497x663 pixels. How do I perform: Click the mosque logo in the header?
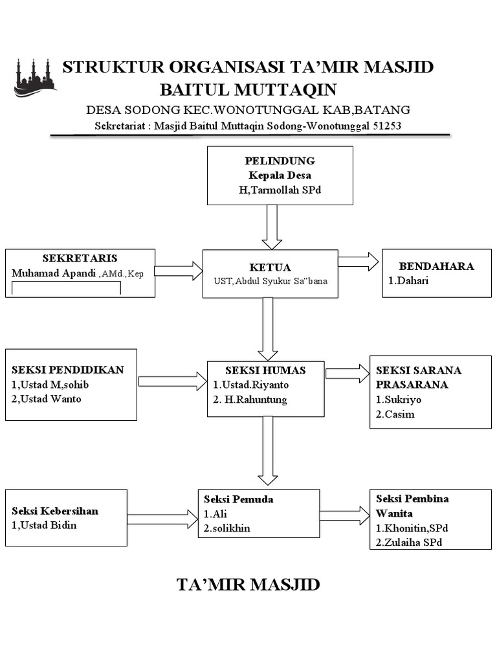click(x=35, y=78)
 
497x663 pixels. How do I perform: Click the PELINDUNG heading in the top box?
click(x=280, y=161)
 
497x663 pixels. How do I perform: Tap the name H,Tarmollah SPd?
click(x=280, y=190)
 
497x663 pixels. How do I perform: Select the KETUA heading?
click(x=270, y=267)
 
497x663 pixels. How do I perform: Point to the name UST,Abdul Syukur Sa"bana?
click(x=271, y=281)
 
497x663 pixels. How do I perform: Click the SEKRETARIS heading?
click(x=80, y=258)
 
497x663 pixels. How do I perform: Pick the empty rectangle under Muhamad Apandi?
click(x=66, y=289)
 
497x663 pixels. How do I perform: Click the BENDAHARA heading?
click(x=436, y=266)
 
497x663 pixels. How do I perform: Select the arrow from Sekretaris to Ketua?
click(x=179, y=271)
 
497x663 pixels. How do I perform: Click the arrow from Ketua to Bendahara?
click(x=359, y=261)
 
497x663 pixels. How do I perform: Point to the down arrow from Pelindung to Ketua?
click(x=271, y=226)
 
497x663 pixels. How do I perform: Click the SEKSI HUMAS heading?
click(x=265, y=370)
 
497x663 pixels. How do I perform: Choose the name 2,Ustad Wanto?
click(x=47, y=399)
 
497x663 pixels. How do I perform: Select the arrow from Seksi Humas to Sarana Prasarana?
click(x=347, y=374)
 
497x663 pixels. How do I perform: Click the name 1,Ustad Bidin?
click(x=44, y=525)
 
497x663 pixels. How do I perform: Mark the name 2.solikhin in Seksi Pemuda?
click(x=226, y=528)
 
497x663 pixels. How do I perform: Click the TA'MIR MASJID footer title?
click(x=248, y=585)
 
